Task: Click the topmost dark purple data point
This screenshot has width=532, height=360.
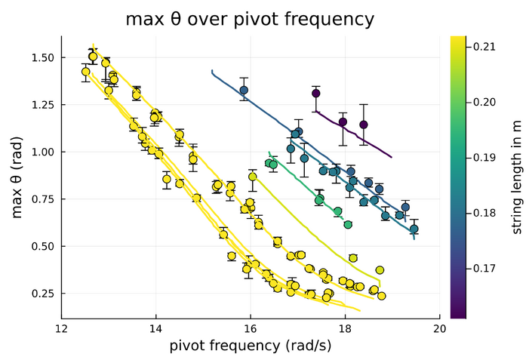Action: (316, 94)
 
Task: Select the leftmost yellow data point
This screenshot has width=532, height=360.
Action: (85, 72)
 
